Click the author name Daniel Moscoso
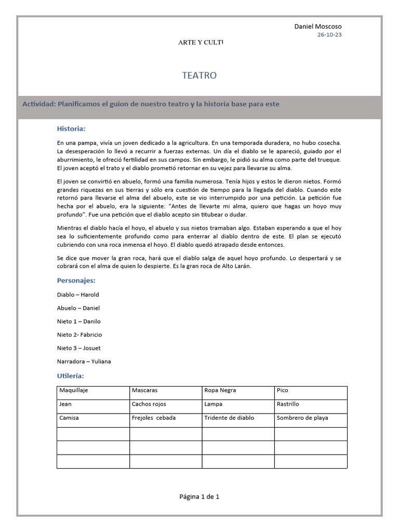click(318, 26)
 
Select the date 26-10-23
click(329, 35)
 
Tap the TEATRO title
click(199, 76)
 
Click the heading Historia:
click(71, 129)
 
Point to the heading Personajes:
click(76, 281)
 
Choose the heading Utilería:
click(70, 376)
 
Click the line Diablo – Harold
click(78, 295)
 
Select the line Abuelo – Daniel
click(78, 308)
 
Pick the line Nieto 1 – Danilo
click(79, 322)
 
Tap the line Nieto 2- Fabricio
click(79, 335)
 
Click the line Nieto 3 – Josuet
click(79, 348)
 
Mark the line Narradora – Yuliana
click(84, 362)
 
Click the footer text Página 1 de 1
click(199, 497)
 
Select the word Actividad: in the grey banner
click(39, 104)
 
